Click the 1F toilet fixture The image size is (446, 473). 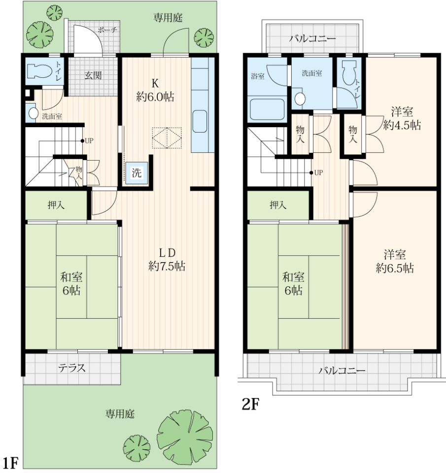pyautogui.click(x=39, y=70)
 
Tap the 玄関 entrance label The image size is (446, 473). pyautogui.click(x=93, y=75)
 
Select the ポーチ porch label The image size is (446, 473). pyautogui.click(x=107, y=30)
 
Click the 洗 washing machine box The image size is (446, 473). pyautogui.click(x=137, y=173)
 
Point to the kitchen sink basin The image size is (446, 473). pyautogui.click(x=199, y=121)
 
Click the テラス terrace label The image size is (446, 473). pyautogui.click(x=72, y=368)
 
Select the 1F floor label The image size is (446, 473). pyautogui.click(x=10, y=463)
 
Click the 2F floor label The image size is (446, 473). pyautogui.click(x=250, y=404)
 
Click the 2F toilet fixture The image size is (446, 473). pyautogui.click(x=349, y=72)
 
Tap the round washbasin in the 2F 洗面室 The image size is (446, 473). pyautogui.click(x=300, y=99)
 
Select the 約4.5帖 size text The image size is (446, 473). pyautogui.click(x=402, y=125)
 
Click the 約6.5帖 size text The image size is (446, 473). pyautogui.click(x=395, y=268)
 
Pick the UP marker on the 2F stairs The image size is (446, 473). pyautogui.click(x=316, y=172)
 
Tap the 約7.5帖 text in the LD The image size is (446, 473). pyautogui.click(x=167, y=266)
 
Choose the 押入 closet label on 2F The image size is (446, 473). pyautogui.click(x=277, y=205)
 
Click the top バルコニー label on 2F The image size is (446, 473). pyautogui.click(x=312, y=39)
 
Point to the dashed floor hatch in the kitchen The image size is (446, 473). pyautogui.click(x=167, y=138)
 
